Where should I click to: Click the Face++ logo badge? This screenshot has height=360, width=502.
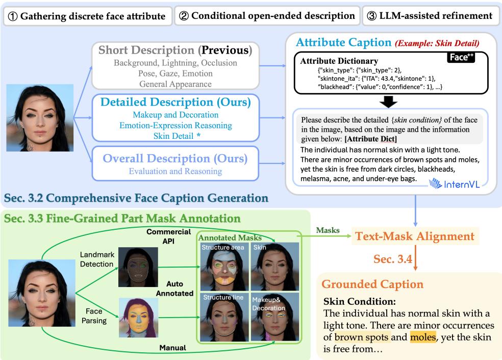(x=461, y=58)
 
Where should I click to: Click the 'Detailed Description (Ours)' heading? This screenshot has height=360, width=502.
(x=176, y=102)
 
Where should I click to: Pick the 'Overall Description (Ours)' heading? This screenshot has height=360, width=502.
(x=176, y=158)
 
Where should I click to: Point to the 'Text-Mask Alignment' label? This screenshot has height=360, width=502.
(x=415, y=236)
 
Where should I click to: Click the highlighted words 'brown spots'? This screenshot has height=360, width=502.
(x=362, y=338)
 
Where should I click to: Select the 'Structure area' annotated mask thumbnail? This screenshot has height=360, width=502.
(x=222, y=266)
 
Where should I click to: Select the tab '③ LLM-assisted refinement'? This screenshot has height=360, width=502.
(x=431, y=16)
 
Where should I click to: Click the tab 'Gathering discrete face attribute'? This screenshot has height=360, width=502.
(x=87, y=16)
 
